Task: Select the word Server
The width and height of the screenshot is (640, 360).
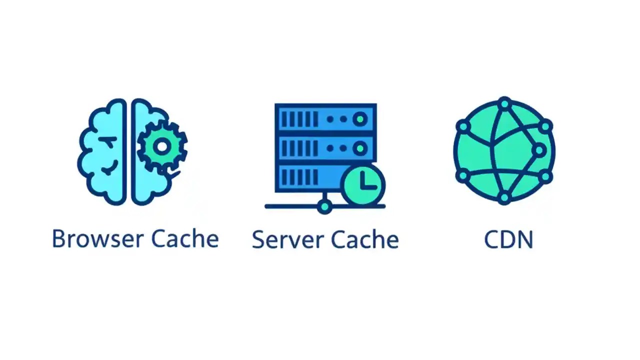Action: click(x=282, y=240)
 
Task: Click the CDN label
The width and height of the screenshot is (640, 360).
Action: click(x=508, y=240)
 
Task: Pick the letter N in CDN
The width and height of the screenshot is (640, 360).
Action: click(x=524, y=240)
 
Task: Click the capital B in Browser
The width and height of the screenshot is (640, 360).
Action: click(x=58, y=239)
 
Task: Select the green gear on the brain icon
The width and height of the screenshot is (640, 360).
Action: click(x=162, y=146)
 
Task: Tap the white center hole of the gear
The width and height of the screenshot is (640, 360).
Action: click(x=162, y=146)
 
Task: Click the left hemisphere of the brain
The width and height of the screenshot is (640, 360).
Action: click(x=102, y=150)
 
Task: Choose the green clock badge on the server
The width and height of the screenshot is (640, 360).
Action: click(x=363, y=183)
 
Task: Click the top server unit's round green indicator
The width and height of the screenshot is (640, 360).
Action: click(x=360, y=119)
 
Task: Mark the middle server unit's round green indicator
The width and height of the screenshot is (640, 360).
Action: click(x=360, y=148)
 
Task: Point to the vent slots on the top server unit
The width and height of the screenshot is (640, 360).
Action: click(x=299, y=119)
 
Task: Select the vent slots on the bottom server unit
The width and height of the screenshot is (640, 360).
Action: click(x=299, y=177)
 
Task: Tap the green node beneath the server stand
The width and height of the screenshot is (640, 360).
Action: click(x=325, y=206)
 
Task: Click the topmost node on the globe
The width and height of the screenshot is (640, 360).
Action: click(x=504, y=104)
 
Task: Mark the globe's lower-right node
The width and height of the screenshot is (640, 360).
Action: click(x=545, y=176)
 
